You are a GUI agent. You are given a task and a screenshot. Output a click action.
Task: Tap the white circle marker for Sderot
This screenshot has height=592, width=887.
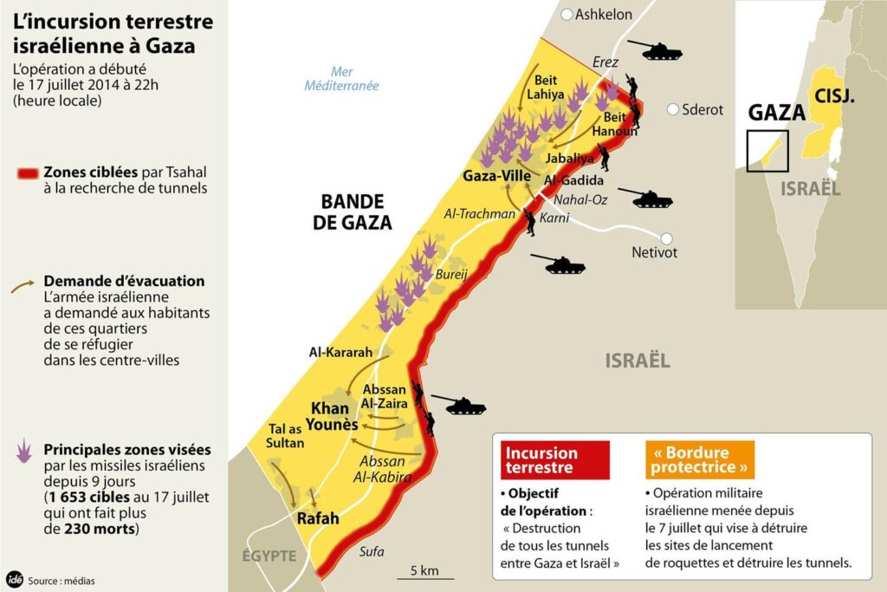673,109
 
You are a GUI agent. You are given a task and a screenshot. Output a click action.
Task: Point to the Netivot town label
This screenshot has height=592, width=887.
655,253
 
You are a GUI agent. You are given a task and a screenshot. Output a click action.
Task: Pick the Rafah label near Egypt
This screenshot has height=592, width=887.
317,519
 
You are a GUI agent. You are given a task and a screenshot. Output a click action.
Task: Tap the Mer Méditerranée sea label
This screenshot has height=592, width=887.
341,79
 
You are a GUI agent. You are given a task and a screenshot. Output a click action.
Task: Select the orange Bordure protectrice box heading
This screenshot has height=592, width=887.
699,460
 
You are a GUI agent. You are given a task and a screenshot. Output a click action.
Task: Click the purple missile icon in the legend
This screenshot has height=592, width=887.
24,451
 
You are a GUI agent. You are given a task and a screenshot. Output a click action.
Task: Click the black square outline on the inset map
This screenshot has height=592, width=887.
767,151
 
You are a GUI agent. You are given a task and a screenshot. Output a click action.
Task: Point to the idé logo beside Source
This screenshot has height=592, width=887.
14,579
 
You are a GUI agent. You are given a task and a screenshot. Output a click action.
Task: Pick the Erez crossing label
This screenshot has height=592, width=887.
606,62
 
